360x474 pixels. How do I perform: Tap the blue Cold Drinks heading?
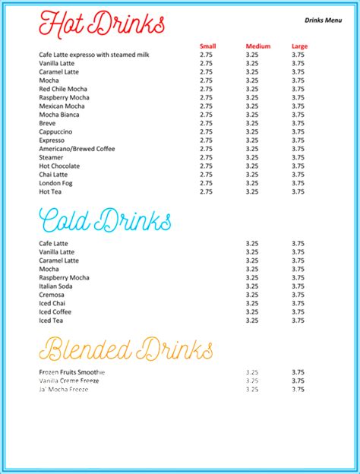coord(105,221)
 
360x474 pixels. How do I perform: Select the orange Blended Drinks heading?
coord(126,349)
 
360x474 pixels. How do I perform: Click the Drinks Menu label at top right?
coord(323,20)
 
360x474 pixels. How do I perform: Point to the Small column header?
coord(207,46)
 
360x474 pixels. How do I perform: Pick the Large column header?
coord(299,46)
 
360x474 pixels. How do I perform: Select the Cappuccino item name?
coord(55,131)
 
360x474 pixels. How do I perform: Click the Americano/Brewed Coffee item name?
coord(77,149)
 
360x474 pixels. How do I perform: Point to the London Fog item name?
coord(56,183)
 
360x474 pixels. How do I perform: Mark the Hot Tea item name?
coord(51,191)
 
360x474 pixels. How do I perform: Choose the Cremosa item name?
coord(52,295)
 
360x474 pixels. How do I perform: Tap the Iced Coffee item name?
coord(55,311)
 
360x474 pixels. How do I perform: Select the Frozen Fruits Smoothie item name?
coord(71,372)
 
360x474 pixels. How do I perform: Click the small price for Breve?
coord(207,123)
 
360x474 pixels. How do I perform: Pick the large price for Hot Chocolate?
coord(298,166)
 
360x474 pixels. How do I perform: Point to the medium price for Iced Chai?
coord(253,303)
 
